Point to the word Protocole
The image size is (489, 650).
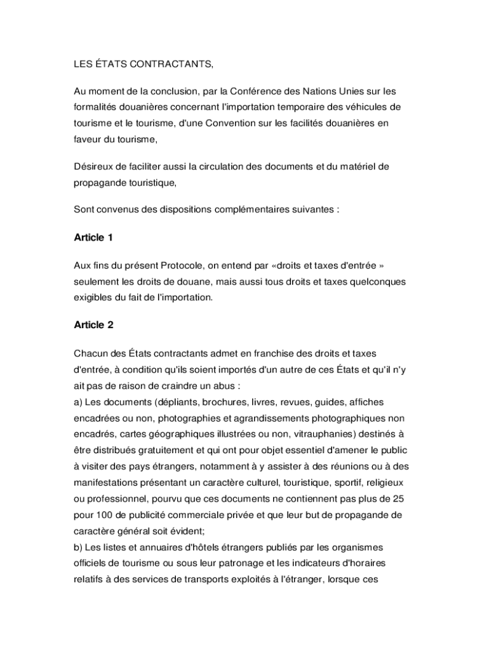(x=182, y=265)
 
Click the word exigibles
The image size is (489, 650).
(x=93, y=296)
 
